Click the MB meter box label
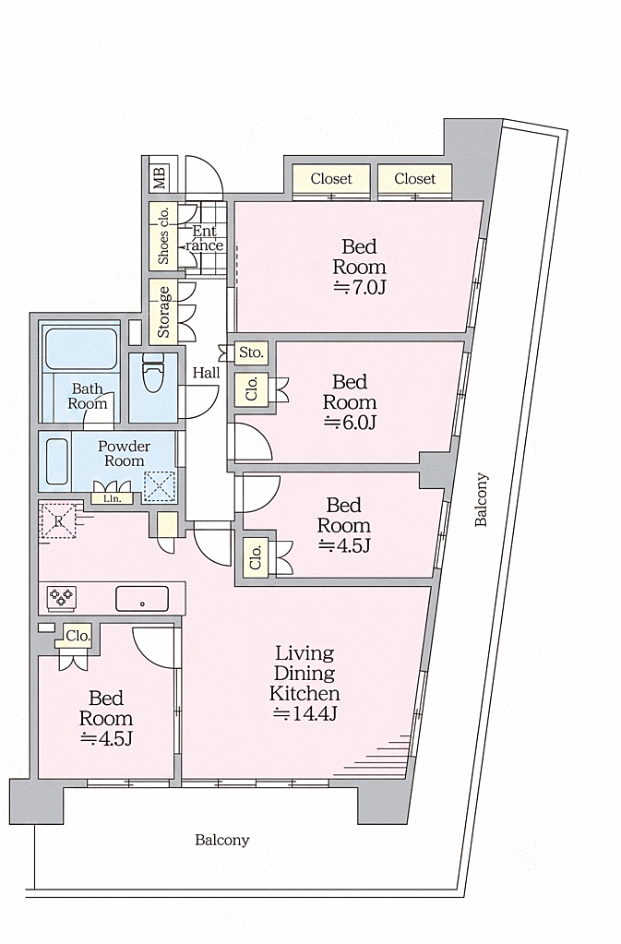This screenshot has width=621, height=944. tap(160, 177)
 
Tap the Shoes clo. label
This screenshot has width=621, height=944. tap(163, 234)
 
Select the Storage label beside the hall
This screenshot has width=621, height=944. tap(163, 312)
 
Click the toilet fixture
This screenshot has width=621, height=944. tap(153, 373)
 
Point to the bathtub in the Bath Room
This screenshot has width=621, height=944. tap(81, 349)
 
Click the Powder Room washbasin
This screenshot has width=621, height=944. tap(56, 460)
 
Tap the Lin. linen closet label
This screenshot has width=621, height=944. tap(112, 498)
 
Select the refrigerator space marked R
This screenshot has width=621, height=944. tap(58, 520)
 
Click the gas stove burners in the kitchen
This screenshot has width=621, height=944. tap(62, 597)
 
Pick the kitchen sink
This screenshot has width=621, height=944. tap(142, 599)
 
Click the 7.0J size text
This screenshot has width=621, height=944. tap(360, 287)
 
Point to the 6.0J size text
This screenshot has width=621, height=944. tap(351, 423)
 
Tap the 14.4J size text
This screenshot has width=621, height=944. tap(305, 714)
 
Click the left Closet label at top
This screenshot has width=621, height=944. tap(331, 179)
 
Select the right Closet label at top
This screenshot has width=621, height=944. tap(414, 179)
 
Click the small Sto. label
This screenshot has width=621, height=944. tap(252, 353)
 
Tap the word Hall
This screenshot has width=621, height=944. tap(207, 373)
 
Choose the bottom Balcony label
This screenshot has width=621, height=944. tap(222, 841)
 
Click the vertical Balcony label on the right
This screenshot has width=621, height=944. tap(482, 500)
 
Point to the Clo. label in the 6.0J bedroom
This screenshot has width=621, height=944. tap(252, 388)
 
